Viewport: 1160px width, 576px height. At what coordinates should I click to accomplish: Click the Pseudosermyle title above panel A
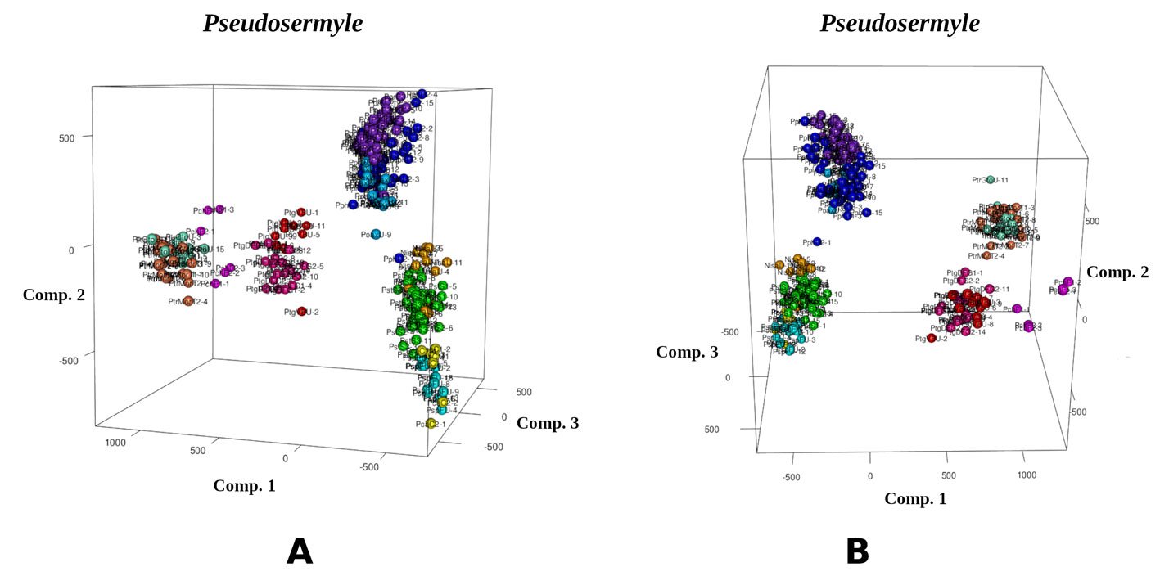282,24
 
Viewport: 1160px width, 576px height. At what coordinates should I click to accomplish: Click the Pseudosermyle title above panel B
900,24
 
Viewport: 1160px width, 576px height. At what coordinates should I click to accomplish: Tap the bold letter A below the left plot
300,552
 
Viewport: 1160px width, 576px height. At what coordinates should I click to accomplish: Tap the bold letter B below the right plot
856,552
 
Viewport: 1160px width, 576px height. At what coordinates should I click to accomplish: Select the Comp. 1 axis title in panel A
244,486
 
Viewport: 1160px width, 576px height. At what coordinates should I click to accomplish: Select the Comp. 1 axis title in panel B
915,498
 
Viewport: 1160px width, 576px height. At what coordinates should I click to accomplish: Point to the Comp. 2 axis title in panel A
54,295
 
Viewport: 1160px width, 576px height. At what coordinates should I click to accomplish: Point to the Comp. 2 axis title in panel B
1117,272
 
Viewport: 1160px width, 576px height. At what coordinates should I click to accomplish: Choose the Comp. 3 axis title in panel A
548,423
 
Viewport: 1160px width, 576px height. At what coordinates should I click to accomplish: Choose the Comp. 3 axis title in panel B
687,352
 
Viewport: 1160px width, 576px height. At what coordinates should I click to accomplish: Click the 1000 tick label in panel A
115,442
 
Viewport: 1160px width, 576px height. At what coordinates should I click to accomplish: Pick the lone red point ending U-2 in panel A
302,312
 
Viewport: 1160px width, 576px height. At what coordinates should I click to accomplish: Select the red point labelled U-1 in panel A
300,213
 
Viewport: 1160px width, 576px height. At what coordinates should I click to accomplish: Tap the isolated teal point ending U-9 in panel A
376,235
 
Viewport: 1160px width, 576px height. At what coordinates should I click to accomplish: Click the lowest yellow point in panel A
431,424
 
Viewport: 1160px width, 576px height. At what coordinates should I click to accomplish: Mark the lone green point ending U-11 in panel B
990,180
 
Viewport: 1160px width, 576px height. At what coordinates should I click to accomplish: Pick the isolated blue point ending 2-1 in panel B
817,242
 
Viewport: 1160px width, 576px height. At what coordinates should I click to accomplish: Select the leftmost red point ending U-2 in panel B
932,338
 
